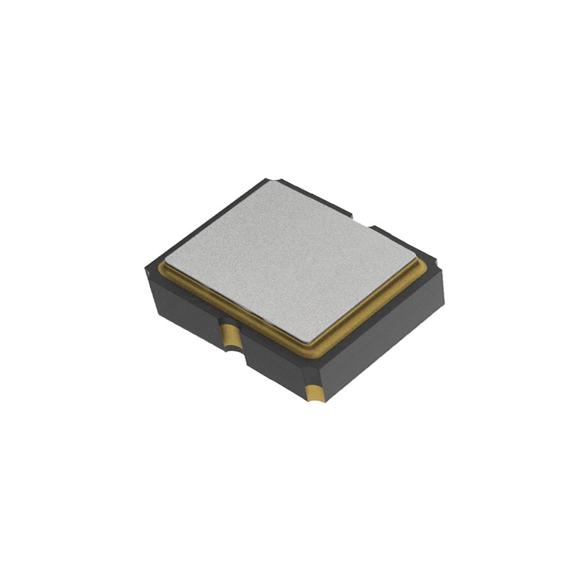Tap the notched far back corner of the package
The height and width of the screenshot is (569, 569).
[269, 181]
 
